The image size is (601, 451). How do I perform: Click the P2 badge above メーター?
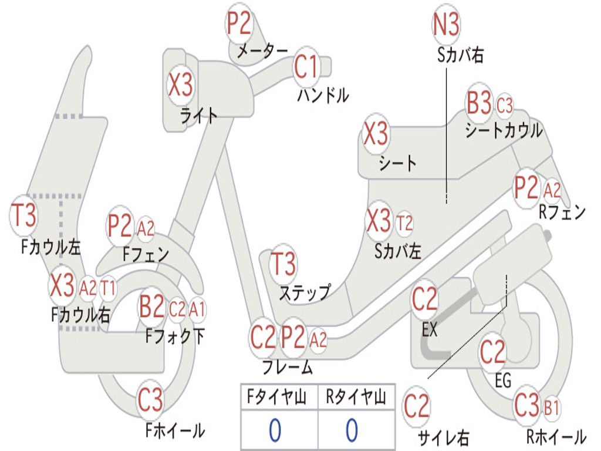point(239,24)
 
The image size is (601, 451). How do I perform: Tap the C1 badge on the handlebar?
point(306,66)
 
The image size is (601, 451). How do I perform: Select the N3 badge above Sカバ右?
point(446,24)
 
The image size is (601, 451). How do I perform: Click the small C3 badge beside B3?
point(505,106)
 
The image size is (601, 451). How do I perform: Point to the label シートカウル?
point(504,130)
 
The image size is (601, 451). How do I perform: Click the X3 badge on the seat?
point(376,134)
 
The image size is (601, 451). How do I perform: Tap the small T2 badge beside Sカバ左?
point(404,223)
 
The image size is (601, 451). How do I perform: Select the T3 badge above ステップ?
point(283,264)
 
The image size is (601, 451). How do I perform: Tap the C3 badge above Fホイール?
point(150,401)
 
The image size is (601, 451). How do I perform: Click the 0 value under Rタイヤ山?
point(352,431)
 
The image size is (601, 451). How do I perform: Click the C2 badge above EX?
point(425,299)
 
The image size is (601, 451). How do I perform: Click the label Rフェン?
point(562,213)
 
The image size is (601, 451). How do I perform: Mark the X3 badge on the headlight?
point(180,86)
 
